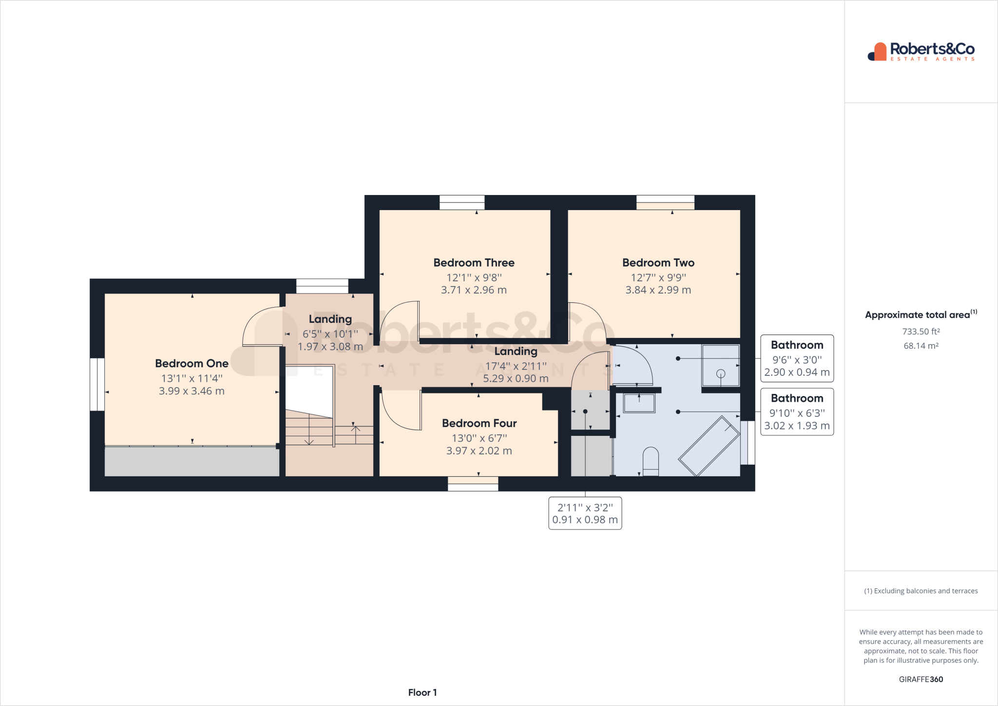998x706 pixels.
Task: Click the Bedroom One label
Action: coord(192,364)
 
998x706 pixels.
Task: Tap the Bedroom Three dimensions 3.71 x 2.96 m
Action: coord(474,290)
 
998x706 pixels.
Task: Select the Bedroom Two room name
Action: coord(658,263)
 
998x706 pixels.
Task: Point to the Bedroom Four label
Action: coord(479,423)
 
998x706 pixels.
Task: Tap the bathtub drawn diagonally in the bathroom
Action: coord(709,446)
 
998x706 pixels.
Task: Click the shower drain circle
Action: coord(721,373)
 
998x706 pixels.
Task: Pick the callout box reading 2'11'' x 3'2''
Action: coord(585,513)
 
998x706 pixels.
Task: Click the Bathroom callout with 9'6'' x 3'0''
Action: coord(797,359)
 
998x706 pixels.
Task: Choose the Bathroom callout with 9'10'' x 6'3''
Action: coord(797,412)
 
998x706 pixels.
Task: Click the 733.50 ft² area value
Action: coord(921,332)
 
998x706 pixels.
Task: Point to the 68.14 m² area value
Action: coord(921,346)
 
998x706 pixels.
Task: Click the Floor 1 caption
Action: coord(422,692)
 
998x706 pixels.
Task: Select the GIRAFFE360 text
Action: coord(921,679)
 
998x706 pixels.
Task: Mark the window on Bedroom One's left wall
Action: coord(97,384)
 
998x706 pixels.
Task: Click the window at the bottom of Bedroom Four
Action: coord(473,484)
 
